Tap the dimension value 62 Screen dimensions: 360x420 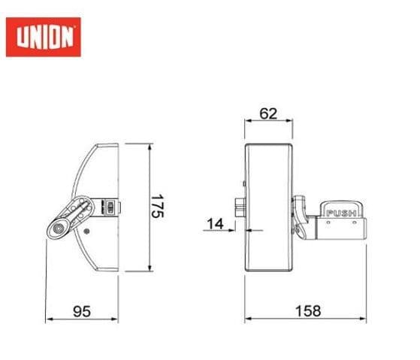point(268,114)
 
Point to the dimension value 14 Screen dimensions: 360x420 point(215,222)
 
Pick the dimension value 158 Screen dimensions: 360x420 point(307,310)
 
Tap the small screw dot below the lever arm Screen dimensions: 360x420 point(88,231)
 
